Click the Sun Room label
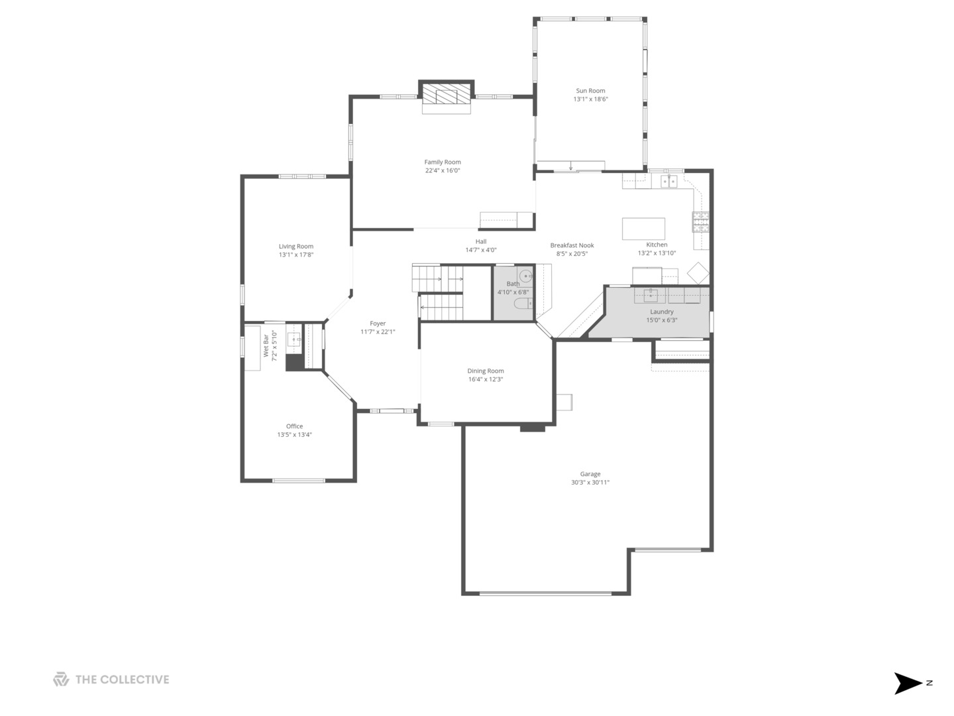coord(590,91)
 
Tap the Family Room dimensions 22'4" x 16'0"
coord(443,170)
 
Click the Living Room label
coord(296,247)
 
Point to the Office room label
coord(294,426)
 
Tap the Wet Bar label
coord(266,345)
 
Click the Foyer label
coord(378,324)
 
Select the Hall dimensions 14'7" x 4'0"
coord(481,250)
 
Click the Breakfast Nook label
coord(572,245)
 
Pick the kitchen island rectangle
coord(643,229)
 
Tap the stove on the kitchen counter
coord(701,221)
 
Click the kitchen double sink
coord(669,181)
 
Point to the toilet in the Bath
coord(523,304)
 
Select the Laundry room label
coord(661,312)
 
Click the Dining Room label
coord(486,371)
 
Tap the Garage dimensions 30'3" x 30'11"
coord(590,482)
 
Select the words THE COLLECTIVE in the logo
coord(122,680)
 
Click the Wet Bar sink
coord(293,339)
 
